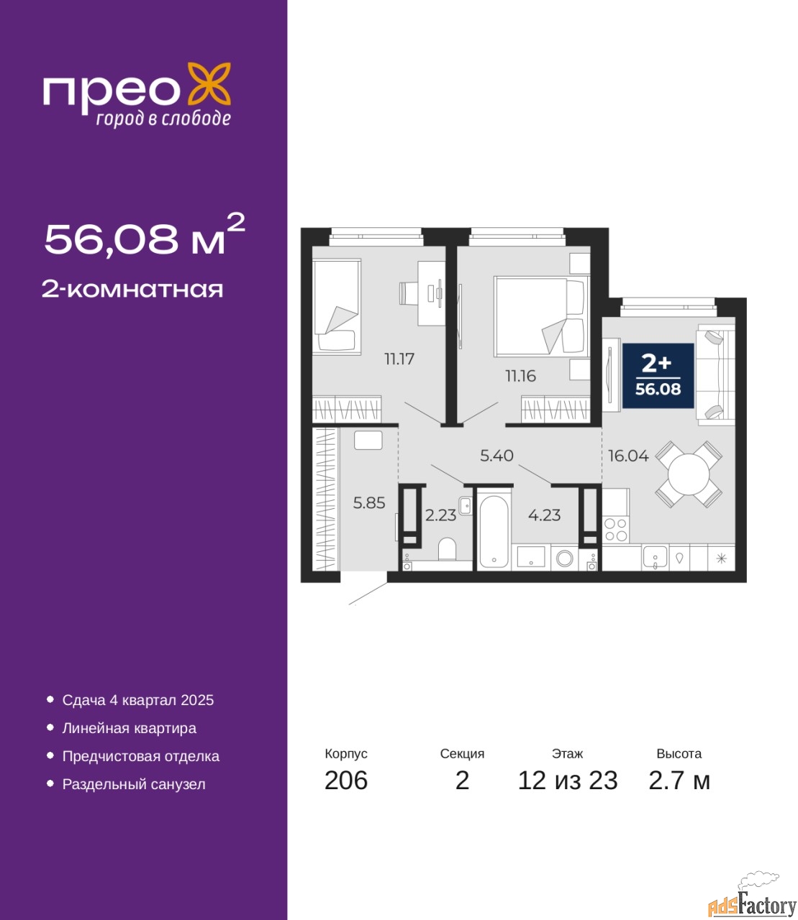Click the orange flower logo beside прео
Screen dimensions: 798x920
click(x=209, y=84)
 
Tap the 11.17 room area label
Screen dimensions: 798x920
click(x=399, y=359)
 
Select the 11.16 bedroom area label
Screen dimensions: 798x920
click(x=520, y=376)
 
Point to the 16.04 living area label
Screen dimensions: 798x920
click(x=628, y=456)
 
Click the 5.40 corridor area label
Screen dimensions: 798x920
click(x=497, y=456)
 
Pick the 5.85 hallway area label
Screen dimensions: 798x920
click(x=369, y=503)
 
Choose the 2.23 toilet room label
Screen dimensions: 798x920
click(x=440, y=515)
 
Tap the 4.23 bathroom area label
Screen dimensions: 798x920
click(x=544, y=515)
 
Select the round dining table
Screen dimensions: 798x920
click(x=689, y=474)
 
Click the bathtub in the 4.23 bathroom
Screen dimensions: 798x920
click(x=493, y=533)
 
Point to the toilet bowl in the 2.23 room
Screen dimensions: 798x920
click(x=447, y=549)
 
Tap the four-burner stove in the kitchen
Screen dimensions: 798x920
click(x=616, y=530)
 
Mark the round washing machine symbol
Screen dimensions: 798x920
click(x=565, y=558)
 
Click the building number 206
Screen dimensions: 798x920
click(x=346, y=781)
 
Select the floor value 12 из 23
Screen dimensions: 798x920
click(x=567, y=781)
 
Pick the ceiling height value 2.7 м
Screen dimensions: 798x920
click(x=679, y=781)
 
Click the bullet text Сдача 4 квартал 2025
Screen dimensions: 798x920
click(x=138, y=700)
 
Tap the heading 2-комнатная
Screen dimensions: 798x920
click(x=132, y=290)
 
